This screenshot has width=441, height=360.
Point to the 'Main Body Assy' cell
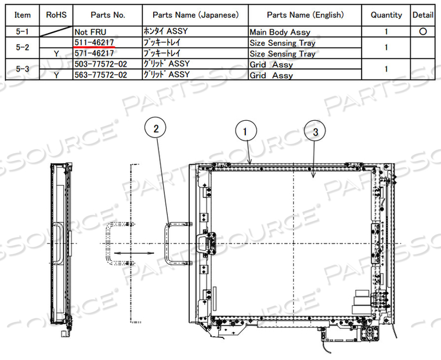280,32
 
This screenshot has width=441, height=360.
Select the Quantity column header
386,15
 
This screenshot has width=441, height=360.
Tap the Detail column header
423,15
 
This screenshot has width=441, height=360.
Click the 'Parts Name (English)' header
305,15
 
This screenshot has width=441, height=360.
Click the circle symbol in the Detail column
423,32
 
